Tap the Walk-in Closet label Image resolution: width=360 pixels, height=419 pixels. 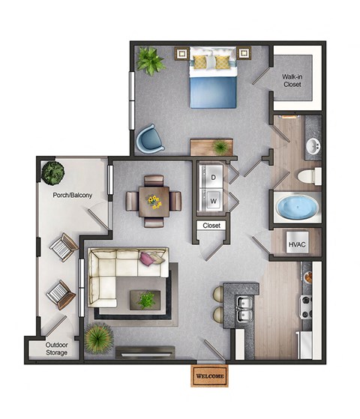point(292,80)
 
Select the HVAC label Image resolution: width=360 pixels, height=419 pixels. point(295,244)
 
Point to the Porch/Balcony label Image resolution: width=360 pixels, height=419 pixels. point(73,196)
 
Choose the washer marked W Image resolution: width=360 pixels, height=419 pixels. point(213,201)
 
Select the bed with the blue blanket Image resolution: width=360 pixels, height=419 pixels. point(214,78)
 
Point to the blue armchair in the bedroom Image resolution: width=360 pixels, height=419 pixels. point(147,139)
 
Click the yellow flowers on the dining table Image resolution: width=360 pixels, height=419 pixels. point(154,201)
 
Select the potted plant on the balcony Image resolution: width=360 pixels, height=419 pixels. point(53,173)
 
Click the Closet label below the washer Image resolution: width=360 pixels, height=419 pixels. point(211,225)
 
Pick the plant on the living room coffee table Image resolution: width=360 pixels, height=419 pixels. point(146,300)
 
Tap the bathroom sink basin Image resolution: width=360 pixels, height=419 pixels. point(311,146)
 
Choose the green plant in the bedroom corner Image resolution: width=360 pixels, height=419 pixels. point(150,61)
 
